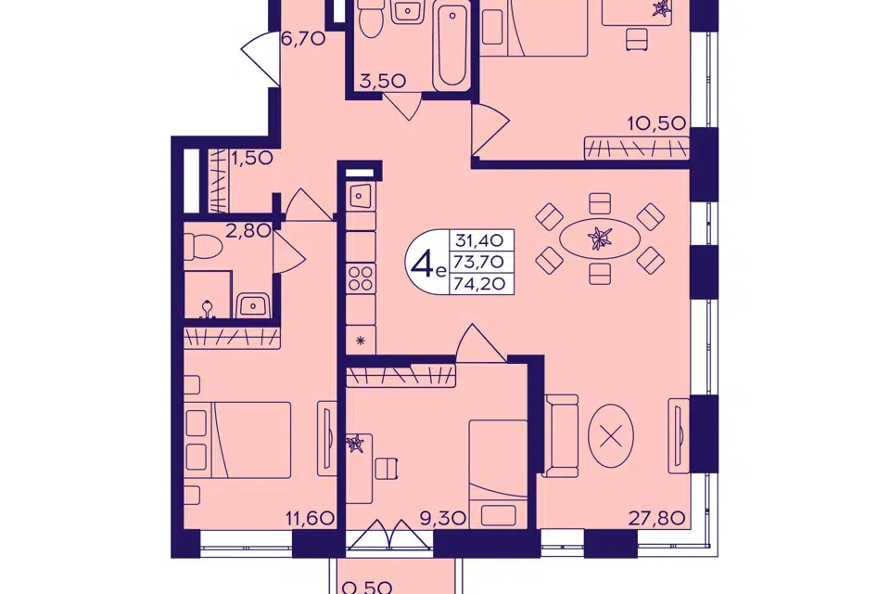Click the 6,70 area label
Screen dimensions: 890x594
coord(303,39)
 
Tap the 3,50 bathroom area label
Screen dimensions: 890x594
coord(383,81)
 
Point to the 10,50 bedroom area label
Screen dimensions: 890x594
coord(656,123)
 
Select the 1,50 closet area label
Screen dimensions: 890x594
coord(252,158)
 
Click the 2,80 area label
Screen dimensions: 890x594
coord(248,231)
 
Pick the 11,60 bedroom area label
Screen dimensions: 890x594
coord(310,518)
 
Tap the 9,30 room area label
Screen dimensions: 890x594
coord(444,518)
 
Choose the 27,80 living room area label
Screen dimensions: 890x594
coord(657,518)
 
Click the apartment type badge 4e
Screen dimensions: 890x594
coord(426,262)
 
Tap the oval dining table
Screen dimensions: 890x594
coord(600,239)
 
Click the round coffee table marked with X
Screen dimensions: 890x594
coord(610,436)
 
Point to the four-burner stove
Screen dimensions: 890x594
coord(361,278)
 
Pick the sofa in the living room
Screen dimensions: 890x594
coord(561,435)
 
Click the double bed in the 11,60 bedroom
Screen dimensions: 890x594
coord(238,440)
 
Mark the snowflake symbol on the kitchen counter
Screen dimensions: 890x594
coord(360,341)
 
